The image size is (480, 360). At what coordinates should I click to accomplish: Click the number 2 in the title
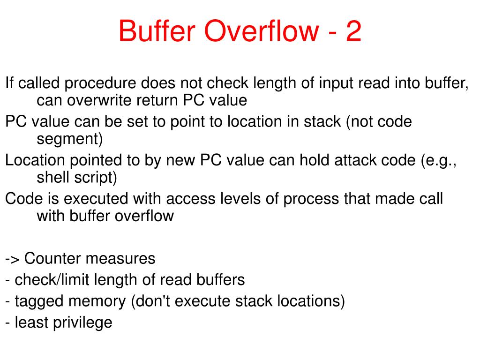coord(353,31)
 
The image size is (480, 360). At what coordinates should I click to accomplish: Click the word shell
coord(52,177)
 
